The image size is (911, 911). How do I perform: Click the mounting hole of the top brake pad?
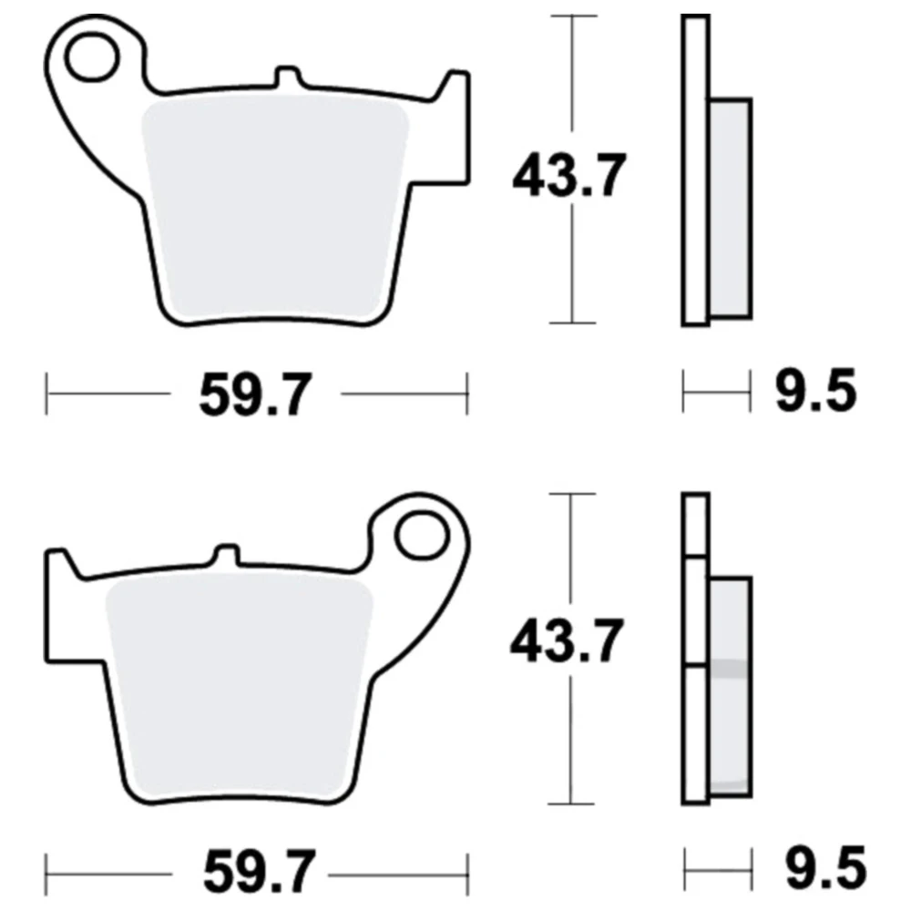coord(91,56)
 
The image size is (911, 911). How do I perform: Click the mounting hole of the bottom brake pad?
coord(423,535)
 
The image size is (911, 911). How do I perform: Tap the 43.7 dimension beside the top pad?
coord(569,174)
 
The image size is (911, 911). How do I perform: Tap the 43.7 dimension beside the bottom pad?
coord(567,640)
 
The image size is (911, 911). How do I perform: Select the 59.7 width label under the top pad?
coord(256,394)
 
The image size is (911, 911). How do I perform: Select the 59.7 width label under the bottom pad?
coord(260,872)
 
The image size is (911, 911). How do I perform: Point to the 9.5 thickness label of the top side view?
coord(815,391)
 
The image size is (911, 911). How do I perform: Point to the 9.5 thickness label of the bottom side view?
coord(825,868)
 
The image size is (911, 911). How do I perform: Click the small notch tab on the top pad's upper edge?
coord(289,77)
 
